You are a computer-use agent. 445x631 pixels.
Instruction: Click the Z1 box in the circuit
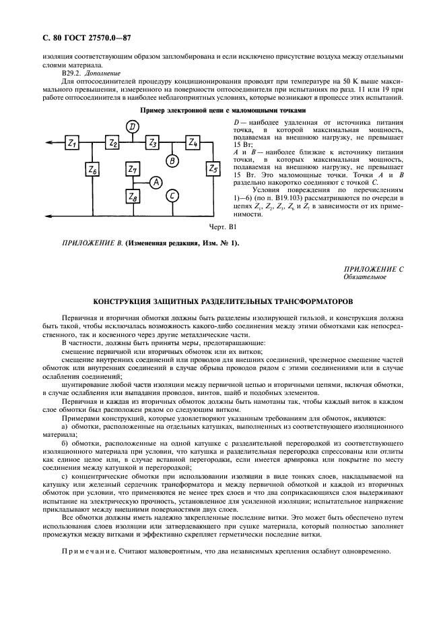click(x=72, y=143)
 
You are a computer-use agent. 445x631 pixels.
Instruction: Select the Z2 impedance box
click(x=112, y=143)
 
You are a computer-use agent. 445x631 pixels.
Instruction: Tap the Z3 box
click(x=153, y=143)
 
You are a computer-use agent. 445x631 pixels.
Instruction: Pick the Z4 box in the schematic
click(x=193, y=143)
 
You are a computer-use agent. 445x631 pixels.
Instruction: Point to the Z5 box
click(x=213, y=168)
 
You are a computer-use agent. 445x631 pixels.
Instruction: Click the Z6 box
click(x=92, y=171)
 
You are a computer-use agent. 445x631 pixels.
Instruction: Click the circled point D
click(x=133, y=126)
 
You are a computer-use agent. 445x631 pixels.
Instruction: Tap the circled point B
click(x=172, y=160)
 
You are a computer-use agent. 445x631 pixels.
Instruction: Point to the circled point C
click(x=172, y=196)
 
